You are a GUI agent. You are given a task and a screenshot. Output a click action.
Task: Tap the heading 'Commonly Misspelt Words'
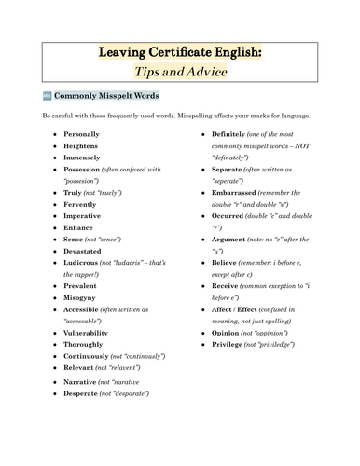coord(107,95)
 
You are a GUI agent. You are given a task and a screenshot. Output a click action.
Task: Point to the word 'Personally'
coord(81,134)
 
